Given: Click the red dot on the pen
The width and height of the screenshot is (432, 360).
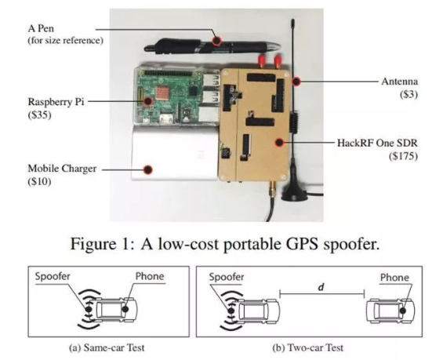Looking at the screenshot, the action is (217, 41).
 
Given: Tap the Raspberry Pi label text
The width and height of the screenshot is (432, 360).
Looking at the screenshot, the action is (56, 102).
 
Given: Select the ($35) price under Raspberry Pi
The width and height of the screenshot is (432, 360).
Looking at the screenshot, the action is (40, 115).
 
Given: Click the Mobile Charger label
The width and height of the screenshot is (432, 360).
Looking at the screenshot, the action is (62, 169).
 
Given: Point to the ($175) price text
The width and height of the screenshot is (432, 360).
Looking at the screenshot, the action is (403, 156).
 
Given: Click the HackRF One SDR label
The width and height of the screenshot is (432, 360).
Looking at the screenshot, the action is (377, 143).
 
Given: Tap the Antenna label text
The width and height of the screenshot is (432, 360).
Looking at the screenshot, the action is (400, 82).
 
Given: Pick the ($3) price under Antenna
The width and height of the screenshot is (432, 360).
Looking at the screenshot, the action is (408, 94).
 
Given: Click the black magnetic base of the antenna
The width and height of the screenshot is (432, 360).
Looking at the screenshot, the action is (295, 195).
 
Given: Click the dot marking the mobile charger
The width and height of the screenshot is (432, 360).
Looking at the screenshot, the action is (148, 169).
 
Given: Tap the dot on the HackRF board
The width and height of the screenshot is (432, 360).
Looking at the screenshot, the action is (279, 142).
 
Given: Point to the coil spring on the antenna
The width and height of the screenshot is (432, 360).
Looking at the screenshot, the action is (294, 122).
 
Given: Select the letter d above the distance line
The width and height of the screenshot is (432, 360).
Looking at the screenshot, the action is (321, 287).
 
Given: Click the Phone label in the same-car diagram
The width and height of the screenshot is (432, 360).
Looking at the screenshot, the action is (150, 276).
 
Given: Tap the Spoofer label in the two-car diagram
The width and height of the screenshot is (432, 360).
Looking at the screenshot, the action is (227, 277).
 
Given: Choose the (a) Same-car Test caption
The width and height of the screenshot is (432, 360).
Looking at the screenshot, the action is (107, 347).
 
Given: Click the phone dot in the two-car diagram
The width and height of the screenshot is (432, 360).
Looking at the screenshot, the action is (403, 311).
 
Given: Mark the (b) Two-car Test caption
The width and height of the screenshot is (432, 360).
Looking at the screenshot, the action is (308, 348).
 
